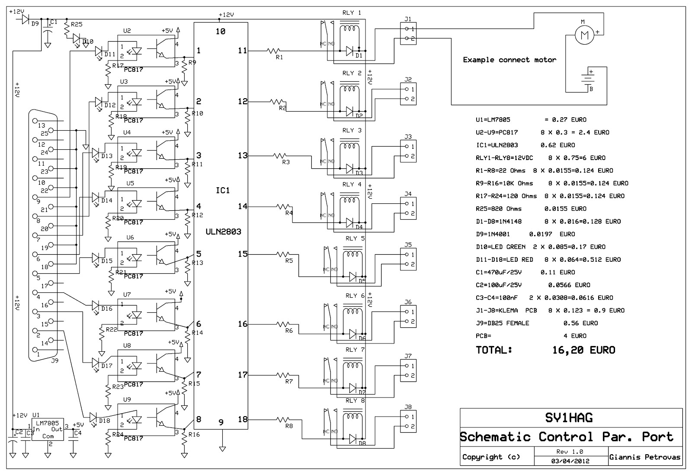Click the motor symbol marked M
point(585,35)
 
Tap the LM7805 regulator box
point(48,429)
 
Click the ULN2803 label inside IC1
point(224,232)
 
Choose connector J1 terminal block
point(408,34)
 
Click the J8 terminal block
point(408,422)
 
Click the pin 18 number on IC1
point(243,419)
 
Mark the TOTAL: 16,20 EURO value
point(583,350)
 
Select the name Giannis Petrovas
point(644,457)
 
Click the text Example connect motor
point(509,60)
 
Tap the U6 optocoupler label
point(130,237)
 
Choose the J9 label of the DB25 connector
point(54,360)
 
